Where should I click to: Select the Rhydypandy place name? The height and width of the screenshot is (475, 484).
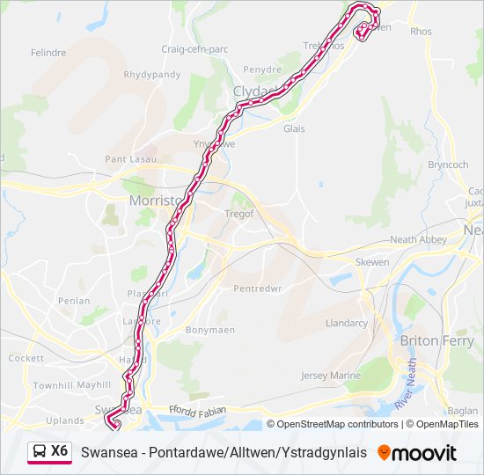point(152,75)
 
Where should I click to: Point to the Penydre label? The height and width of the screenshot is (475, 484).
point(262,69)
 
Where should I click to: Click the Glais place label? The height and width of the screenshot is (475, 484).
point(294,128)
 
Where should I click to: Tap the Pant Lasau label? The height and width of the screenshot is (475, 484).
point(130,159)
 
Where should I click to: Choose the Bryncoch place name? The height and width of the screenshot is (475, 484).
point(448,164)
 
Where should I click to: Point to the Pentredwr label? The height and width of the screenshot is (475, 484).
point(258,289)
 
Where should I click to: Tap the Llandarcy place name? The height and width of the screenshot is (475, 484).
point(347,323)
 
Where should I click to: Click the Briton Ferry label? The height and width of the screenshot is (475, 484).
point(436,340)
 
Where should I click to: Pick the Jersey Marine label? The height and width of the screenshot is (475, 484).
point(331,376)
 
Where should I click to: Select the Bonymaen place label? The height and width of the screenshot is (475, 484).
point(208,330)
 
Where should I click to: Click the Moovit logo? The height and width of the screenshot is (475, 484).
point(417,453)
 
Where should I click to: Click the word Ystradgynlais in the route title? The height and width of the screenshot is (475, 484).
point(326,453)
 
